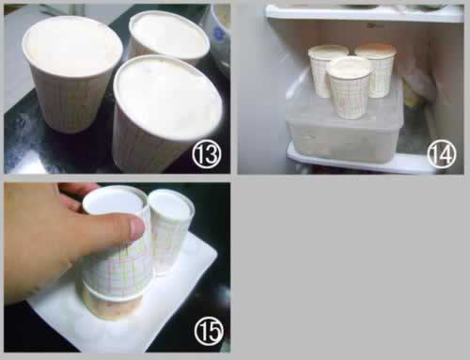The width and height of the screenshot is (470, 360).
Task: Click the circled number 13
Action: [207, 153]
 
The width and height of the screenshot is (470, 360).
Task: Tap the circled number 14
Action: [442, 153]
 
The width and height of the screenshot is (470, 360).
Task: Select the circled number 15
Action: [209, 331]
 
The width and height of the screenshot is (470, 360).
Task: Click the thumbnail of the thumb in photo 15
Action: [137, 227]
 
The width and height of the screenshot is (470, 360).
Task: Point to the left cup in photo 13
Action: [71, 73]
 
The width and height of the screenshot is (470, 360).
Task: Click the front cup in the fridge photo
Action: [349, 87]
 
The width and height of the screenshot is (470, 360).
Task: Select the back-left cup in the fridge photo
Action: [326, 70]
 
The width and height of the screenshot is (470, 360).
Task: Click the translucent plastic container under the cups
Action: [345, 125]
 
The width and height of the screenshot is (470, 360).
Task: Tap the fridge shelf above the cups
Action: [364, 13]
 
